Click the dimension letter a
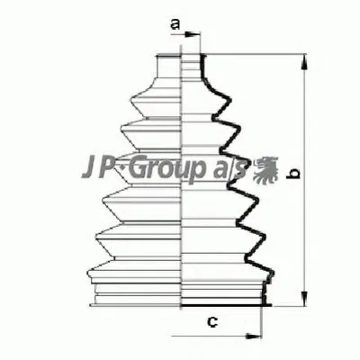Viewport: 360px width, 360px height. (175, 24)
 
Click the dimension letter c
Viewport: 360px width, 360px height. (212, 322)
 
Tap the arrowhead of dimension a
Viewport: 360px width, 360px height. (192, 34)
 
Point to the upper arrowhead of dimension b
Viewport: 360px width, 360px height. (304, 62)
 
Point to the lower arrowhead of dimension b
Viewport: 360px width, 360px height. (304, 299)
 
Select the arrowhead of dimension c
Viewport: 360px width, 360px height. (254, 336)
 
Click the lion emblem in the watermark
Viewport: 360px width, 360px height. (265, 169)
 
